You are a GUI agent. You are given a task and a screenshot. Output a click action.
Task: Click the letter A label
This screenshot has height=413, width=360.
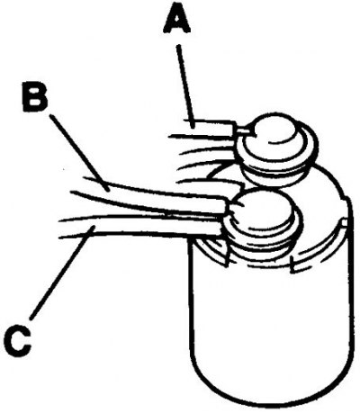coord(177,20)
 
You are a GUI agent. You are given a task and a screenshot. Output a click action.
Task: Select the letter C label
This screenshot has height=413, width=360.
coord(18,341)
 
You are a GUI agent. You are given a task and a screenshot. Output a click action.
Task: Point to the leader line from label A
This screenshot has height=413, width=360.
coord(186,87)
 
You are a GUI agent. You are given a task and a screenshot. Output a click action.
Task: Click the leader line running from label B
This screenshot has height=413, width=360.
coord(77,153)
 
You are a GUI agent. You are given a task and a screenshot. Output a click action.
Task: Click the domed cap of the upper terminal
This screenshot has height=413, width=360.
coord(274,133)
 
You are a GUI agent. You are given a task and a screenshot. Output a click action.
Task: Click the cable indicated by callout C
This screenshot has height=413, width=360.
coord(141,226)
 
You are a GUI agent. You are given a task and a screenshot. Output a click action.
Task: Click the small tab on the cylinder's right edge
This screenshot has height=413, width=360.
coord(344,222)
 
